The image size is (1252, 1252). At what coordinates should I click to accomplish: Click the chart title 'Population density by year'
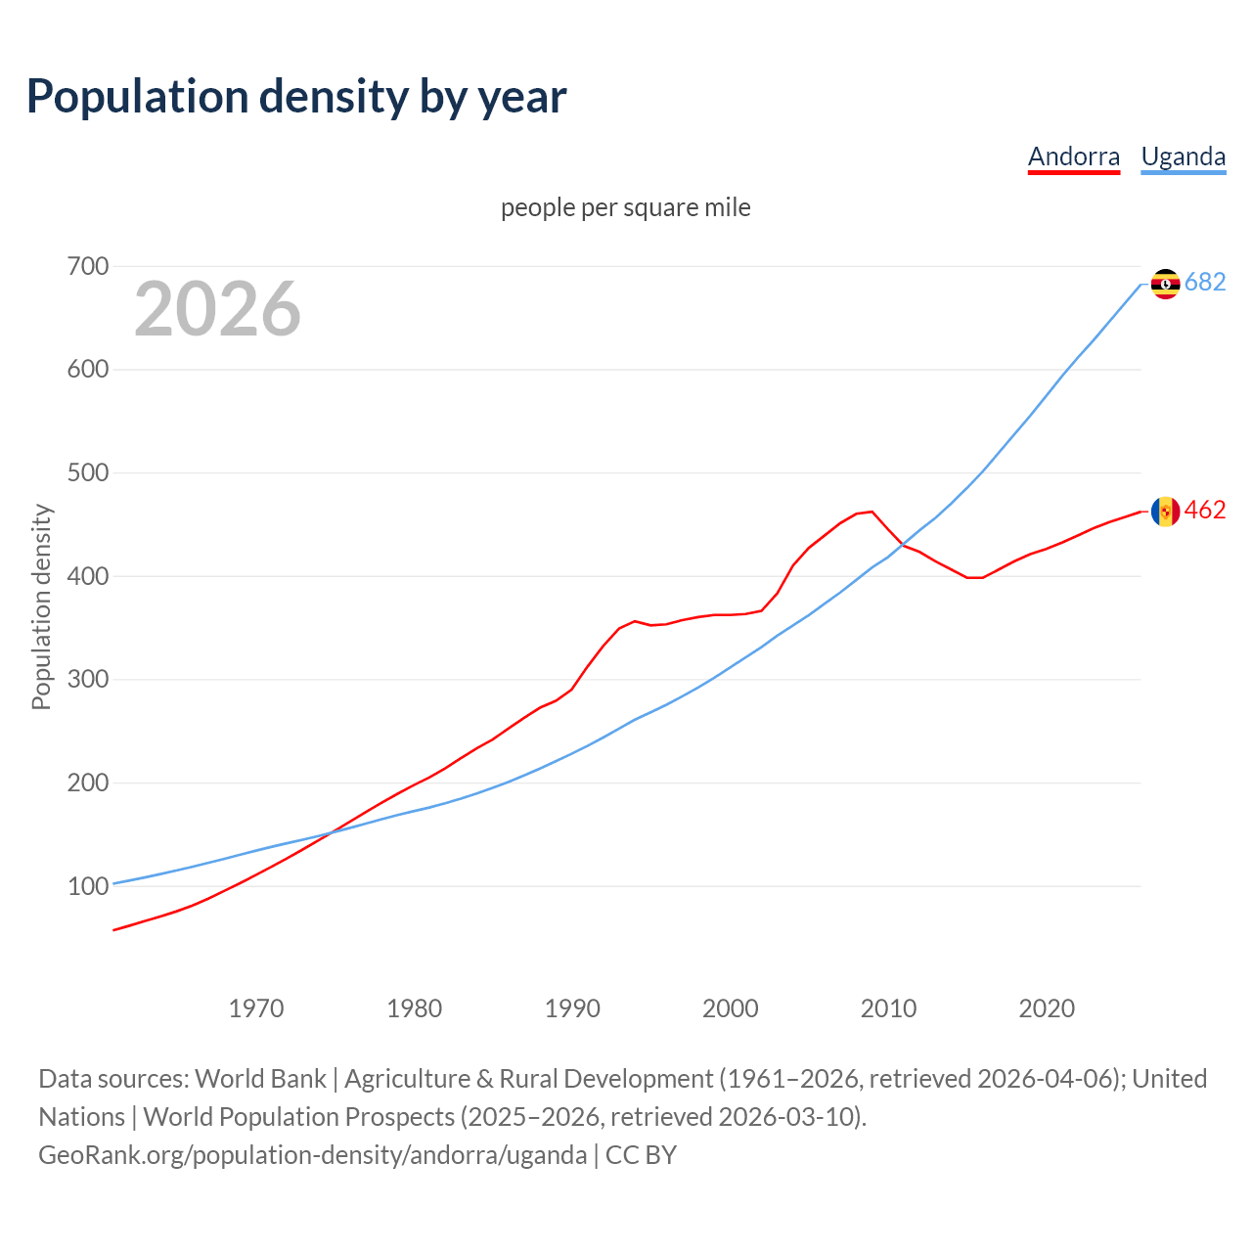point(296,96)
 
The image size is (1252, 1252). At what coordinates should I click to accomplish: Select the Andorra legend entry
point(1073,156)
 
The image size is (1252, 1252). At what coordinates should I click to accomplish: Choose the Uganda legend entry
point(1183,156)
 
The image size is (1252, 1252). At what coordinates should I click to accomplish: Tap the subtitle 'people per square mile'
point(625,207)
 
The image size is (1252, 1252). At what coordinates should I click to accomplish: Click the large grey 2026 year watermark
point(217,309)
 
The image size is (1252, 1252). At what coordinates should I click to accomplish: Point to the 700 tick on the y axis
point(88,266)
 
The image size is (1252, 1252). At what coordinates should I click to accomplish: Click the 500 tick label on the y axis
point(88,472)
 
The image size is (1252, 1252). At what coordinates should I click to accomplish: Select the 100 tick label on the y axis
point(88,886)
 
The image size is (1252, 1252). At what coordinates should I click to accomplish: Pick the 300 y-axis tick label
point(88,679)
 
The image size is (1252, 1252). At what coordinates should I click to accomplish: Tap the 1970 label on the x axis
point(256,1007)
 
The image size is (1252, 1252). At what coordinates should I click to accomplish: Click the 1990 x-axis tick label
point(572,1007)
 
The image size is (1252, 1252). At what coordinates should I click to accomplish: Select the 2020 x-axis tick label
point(1047,1007)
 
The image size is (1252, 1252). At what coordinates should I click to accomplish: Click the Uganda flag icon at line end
point(1165,284)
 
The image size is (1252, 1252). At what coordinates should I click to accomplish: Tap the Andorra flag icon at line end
point(1165,511)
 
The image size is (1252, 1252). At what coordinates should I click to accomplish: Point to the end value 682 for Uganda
point(1205,283)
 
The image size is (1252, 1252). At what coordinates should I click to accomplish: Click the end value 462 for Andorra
point(1205,511)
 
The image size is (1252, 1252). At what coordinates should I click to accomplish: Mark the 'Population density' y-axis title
point(41,606)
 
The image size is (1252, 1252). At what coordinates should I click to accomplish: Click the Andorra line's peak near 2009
point(872,512)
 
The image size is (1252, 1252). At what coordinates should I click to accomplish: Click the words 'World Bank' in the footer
point(260,1078)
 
